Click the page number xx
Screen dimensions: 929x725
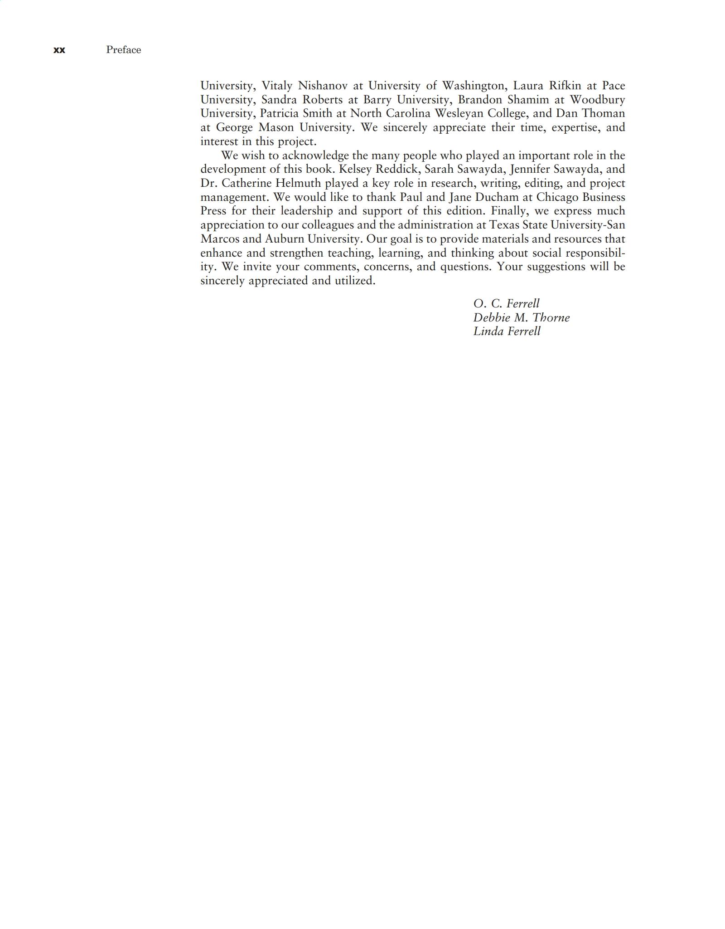(59, 50)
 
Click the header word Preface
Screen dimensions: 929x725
(123, 50)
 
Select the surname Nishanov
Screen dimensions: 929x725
(323, 86)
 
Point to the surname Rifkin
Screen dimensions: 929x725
(565, 86)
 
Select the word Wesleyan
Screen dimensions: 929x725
(459, 113)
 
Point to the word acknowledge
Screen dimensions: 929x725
(315, 156)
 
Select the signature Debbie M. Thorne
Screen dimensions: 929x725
(521, 317)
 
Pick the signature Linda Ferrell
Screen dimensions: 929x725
(507, 331)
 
